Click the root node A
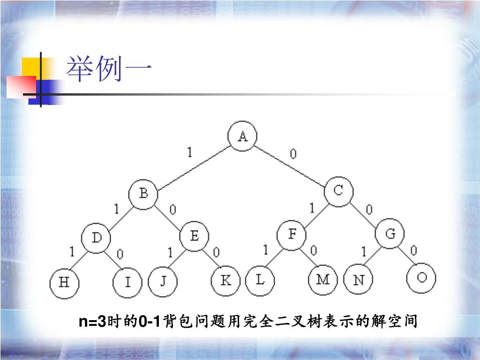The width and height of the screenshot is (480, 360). coord(242,136)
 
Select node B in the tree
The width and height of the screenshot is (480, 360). coord(144,194)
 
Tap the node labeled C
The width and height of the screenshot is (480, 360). coord(338,191)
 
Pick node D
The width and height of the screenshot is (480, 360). coord(96,238)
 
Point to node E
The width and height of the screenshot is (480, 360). coord(194,236)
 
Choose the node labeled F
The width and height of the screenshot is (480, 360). coord(292,235)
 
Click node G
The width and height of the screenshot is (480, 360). coord(390,234)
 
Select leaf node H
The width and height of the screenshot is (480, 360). coord(64,283)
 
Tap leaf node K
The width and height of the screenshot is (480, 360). coord(225,281)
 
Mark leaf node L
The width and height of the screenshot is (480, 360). coord(260,280)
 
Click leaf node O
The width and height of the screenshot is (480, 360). coord(421,278)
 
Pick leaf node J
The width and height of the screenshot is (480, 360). coord(163,282)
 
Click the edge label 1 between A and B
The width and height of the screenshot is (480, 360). coord(189,152)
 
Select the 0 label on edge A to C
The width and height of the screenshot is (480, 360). coord(293,154)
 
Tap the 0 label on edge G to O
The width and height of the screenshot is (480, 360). coord(413,251)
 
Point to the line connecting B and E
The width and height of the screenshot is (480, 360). coord(170,215)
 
